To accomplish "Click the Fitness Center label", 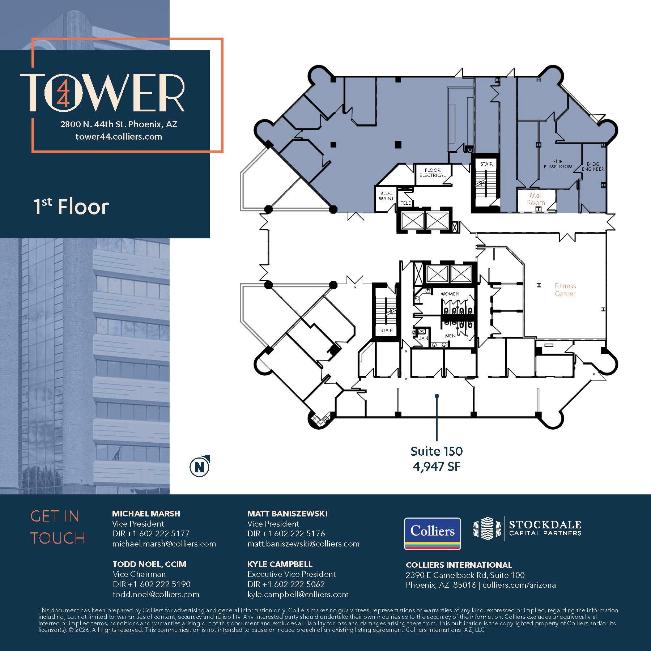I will click(565, 290).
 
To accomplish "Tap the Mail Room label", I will click(536, 199).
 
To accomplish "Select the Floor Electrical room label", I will click(433, 173).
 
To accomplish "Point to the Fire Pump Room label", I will click(558, 164).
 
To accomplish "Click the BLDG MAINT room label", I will click(386, 196).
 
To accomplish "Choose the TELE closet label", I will click(405, 203).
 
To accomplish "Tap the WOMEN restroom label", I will click(450, 294).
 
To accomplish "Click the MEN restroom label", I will click(450, 336).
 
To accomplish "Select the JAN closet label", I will click(423, 338).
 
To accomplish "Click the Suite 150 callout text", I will click(437, 451).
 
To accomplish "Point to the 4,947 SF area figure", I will click(437, 467).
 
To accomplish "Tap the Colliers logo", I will click(432, 533).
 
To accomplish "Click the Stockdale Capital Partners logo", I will click(527, 528).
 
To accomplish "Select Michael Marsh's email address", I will click(164, 544).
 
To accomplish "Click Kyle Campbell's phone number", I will click(286, 584).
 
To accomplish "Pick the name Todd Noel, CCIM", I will click(149, 564).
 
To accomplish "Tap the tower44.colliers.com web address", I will click(119, 137).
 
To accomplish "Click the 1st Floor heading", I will click(71, 207).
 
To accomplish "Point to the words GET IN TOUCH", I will click(58, 527).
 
